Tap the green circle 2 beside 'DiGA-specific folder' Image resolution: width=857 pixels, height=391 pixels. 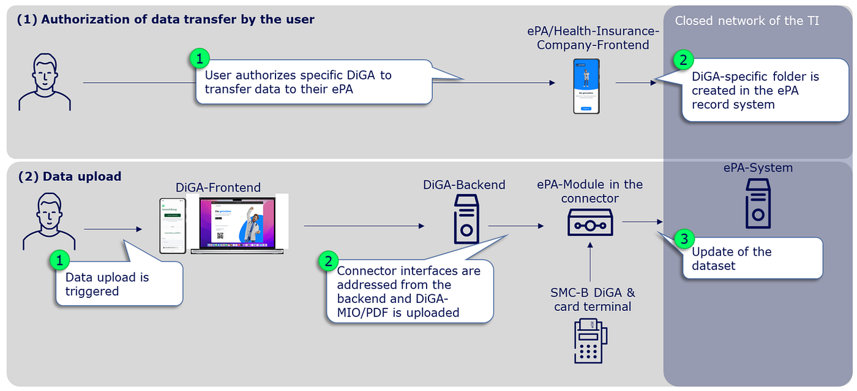[683, 60]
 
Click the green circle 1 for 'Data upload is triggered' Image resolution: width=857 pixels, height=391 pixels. [59, 261]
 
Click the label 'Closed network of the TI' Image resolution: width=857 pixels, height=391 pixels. [747, 21]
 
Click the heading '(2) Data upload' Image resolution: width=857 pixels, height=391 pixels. [70, 177]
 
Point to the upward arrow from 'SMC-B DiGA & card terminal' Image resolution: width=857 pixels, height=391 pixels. [591, 263]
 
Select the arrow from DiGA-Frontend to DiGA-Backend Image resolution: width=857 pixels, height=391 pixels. [364, 226]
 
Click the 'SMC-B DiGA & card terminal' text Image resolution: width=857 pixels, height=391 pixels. [592, 299]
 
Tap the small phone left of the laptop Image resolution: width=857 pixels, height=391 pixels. [172, 226]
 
